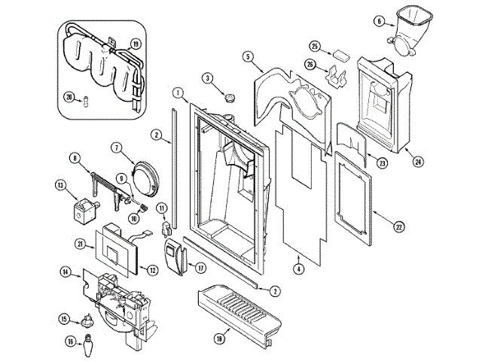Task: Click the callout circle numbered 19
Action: click(135, 44)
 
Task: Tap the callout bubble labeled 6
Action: click(379, 21)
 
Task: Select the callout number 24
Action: click(419, 162)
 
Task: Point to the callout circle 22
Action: click(398, 227)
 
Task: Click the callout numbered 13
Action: click(60, 186)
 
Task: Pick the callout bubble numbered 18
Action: click(219, 339)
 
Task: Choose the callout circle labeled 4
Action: click(298, 269)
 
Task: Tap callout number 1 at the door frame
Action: click(178, 93)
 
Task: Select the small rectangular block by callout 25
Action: click(341, 54)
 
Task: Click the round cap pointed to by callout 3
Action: click(229, 98)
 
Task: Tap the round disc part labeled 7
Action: click(145, 179)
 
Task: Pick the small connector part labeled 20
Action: click(87, 102)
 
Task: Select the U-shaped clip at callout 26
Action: click(336, 76)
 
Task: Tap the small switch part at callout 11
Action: click(165, 228)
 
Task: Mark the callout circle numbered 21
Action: click(81, 244)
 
